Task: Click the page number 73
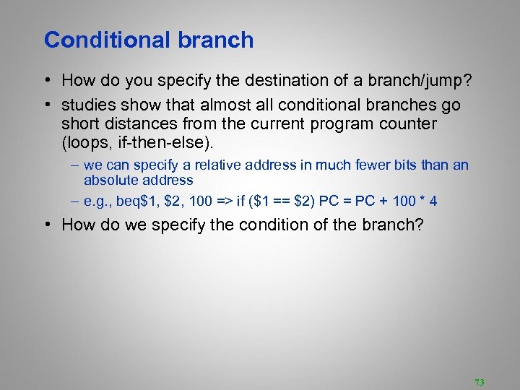479,382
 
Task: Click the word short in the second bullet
82,124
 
